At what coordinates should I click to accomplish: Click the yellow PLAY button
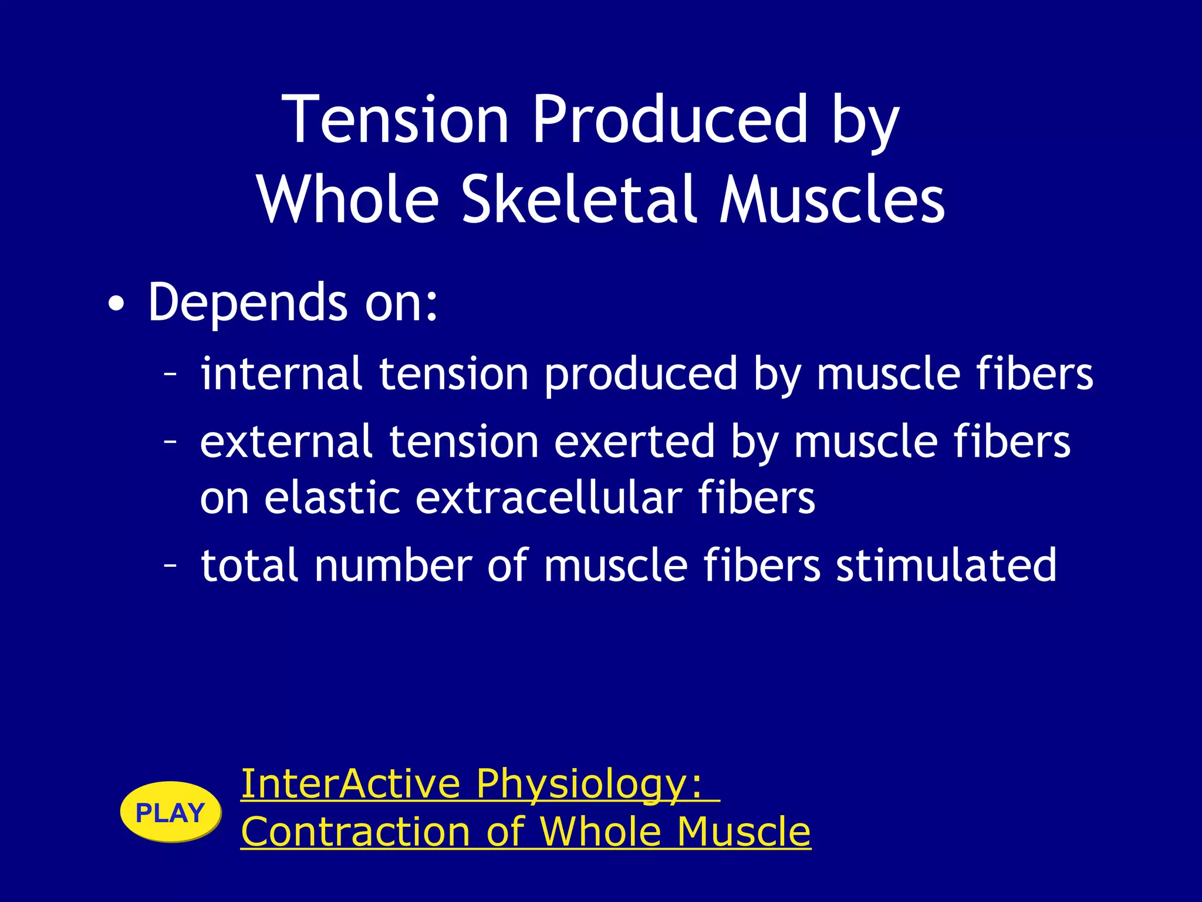click(x=170, y=813)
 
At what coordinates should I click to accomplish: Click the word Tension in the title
click(x=395, y=120)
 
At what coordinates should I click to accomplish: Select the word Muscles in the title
click(x=832, y=200)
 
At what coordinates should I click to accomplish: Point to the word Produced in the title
click(x=670, y=120)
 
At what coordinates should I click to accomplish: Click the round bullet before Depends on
click(x=116, y=305)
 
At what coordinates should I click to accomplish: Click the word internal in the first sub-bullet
click(x=281, y=373)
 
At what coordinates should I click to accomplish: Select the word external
click(x=286, y=442)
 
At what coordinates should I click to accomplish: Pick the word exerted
click(x=634, y=442)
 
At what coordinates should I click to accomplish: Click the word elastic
click(x=332, y=498)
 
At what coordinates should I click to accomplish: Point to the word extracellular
click(x=549, y=498)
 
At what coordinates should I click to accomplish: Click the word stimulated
click(x=946, y=565)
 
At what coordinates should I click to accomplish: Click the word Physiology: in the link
click(x=589, y=785)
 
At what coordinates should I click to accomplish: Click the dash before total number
click(x=170, y=565)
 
